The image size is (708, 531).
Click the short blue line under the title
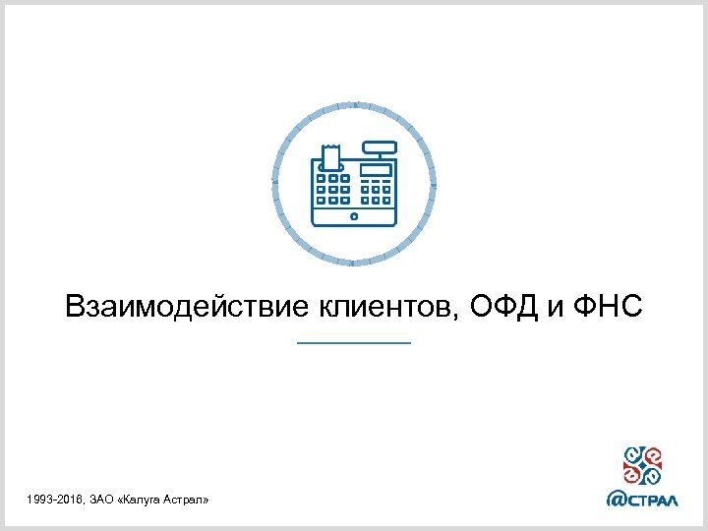point(353,342)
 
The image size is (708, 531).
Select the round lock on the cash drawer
point(354,213)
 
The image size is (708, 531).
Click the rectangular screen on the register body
point(376,168)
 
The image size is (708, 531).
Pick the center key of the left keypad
point(333,188)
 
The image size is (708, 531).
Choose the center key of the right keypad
point(376,189)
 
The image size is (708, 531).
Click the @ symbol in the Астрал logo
point(618,498)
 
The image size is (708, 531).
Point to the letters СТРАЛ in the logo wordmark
point(654,499)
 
